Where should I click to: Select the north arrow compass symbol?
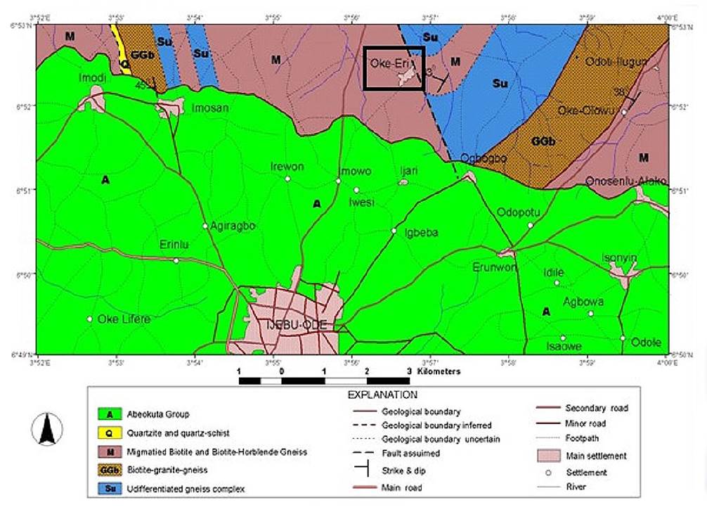click(x=47, y=428)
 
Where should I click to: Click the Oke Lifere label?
click(x=124, y=319)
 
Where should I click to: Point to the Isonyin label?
click(x=619, y=258)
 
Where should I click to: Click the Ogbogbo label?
click(x=483, y=158)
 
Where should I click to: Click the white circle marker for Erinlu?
click(x=176, y=260)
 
